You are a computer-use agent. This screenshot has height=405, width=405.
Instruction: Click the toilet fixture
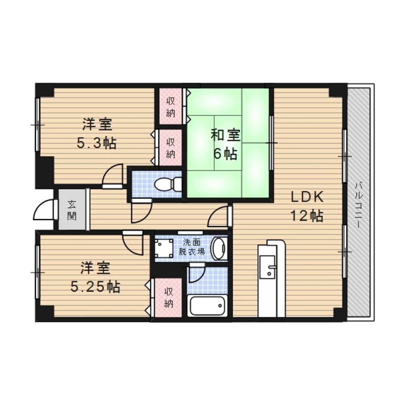(168, 184)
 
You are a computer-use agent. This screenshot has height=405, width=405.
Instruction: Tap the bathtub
(207, 305)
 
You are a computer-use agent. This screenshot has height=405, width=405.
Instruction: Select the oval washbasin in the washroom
(219, 248)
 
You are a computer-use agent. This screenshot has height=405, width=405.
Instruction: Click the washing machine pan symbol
(164, 248)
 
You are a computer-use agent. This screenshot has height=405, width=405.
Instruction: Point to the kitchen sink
(267, 267)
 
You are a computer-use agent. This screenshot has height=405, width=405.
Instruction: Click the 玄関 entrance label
(72, 210)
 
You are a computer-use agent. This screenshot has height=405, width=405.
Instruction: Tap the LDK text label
(307, 197)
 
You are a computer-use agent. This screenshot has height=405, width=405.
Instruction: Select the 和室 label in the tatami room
(226, 135)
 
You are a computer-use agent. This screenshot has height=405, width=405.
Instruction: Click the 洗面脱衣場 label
(192, 247)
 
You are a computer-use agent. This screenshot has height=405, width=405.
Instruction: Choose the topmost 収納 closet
(171, 107)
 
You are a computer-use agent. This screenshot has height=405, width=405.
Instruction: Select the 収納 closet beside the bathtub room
(168, 298)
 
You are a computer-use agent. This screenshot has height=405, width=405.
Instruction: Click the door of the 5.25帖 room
(132, 243)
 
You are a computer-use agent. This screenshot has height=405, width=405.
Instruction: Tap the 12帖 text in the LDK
(307, 216)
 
